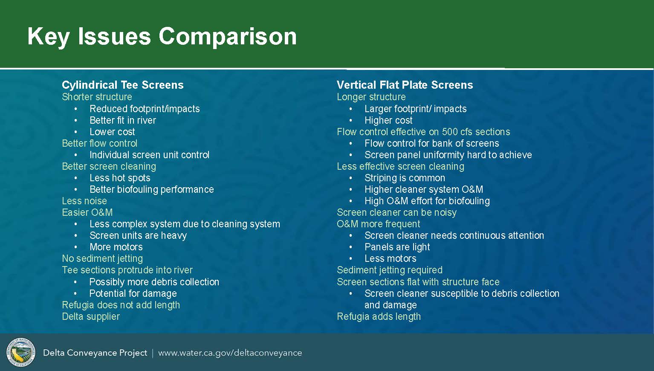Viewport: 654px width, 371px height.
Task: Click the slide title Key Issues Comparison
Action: coord(162,37)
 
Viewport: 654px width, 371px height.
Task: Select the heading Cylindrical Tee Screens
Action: coord(123,85)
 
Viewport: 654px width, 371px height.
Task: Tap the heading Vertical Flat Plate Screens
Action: coord(405,85)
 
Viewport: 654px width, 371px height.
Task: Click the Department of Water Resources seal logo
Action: coord(21,352)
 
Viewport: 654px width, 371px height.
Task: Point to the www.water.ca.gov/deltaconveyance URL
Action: coord(230,353)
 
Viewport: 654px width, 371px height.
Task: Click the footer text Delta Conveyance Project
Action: coord(95,353)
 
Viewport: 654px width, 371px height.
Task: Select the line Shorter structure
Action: coord(97,97)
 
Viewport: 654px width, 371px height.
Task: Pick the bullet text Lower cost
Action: coord(112,132)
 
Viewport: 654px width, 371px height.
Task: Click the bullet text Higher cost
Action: coord(388,120)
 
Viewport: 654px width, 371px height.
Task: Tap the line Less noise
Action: coord(84,201)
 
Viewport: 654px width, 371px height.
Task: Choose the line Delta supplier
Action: coord(91,316)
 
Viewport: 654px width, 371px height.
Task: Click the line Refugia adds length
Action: coord(379,316)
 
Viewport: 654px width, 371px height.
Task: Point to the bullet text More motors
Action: coord(116,247)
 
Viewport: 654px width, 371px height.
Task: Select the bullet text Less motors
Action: coord(391,258)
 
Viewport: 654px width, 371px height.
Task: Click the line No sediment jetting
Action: coord(102,258)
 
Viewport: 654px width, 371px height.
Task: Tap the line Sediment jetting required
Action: coord(390,270)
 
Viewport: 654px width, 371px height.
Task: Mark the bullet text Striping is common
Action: coord(405,178)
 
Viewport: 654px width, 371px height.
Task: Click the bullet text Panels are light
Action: coord(397,247)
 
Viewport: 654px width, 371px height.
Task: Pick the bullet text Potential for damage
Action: coord(133,293)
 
